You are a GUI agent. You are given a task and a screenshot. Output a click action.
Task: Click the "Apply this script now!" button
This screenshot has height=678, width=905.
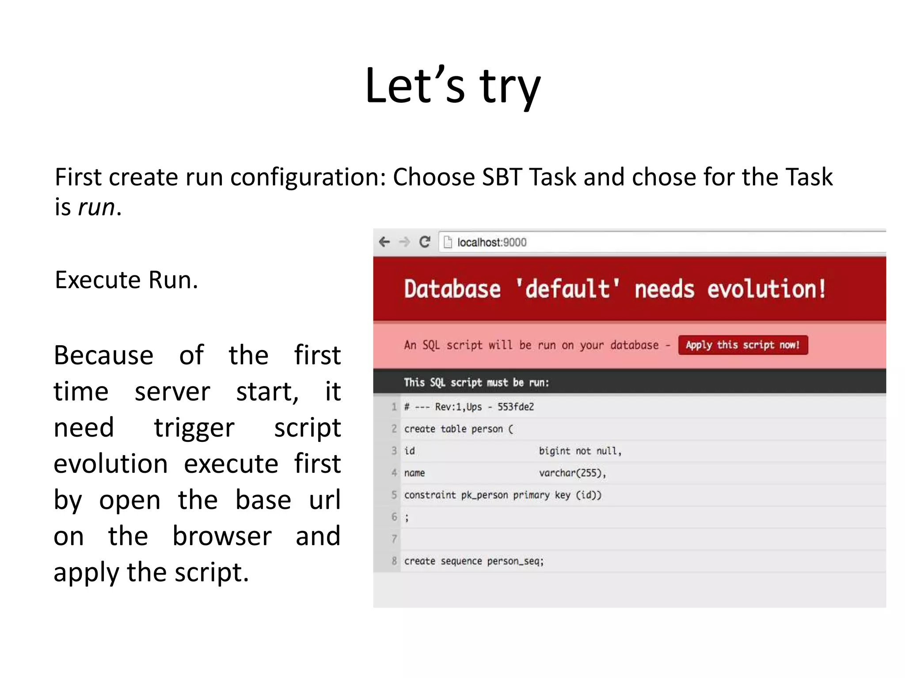click(x=743, y=345)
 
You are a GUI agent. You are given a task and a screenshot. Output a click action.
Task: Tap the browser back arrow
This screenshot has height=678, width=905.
click(x=384, y=242)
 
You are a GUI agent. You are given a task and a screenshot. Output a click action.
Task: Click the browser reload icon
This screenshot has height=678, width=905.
click(x=425, y=242)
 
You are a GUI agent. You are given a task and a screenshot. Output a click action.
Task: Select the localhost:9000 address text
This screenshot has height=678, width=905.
click(x=491, y=242)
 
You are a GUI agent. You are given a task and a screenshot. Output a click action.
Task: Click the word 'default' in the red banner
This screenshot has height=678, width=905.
click(x=567, y=290)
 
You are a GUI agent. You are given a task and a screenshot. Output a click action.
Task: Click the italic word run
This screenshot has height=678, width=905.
click(x=96, y=207)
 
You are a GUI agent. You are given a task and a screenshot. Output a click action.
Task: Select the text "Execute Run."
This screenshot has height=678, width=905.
click(x=126, y=280)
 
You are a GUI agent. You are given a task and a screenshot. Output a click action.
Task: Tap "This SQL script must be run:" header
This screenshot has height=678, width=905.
click(x=476, y=382)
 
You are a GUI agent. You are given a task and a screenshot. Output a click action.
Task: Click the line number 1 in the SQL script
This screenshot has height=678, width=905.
click(x=394, y=407)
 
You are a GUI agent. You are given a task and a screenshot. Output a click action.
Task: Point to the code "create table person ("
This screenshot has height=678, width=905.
click(x=458, y=429)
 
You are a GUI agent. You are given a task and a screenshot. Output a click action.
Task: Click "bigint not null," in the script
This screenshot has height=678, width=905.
click(x=580, y=451)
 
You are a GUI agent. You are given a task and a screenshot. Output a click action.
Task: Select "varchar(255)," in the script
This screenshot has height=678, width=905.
click(x=572, y=473)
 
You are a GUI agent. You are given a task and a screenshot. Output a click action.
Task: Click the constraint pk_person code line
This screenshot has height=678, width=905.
click(x=502, y=495)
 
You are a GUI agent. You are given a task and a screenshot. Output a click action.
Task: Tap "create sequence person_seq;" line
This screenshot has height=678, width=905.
click(x=474, y=561)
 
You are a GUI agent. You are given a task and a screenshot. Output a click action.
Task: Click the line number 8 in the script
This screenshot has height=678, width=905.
click(x=394, y=561)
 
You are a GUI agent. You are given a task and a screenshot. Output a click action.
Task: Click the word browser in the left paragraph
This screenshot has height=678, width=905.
click(x=222, y=536)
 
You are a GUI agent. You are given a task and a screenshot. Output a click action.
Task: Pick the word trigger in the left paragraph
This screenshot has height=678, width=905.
click(x=194, y=428)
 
